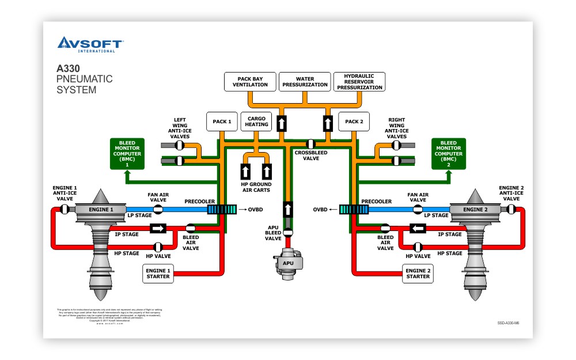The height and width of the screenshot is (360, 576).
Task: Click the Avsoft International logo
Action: point(90,44)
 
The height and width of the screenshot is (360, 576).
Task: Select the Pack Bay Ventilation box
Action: point(250,81)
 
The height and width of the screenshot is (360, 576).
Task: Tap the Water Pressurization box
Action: point(305,81)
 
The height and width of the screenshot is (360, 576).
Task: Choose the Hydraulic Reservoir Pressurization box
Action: point(359,81)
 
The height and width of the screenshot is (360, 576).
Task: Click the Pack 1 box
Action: point(222,122)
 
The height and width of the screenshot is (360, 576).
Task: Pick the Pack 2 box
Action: point(354,122)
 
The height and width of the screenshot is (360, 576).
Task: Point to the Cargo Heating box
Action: point(256,121)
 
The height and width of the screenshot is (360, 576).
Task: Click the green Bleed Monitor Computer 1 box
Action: point(127,154)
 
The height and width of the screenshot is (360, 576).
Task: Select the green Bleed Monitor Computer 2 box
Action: point(449,154)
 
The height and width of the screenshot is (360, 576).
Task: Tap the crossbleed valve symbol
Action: point(310,143)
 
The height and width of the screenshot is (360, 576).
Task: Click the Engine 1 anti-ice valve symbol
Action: point(66,209)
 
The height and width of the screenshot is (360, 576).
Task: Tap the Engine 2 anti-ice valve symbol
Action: point(510,209)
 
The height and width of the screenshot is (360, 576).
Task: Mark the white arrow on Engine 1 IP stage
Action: point(158,229)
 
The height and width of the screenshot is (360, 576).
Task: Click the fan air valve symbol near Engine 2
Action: point(418,209)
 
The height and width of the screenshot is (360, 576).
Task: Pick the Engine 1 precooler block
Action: point(222,210)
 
